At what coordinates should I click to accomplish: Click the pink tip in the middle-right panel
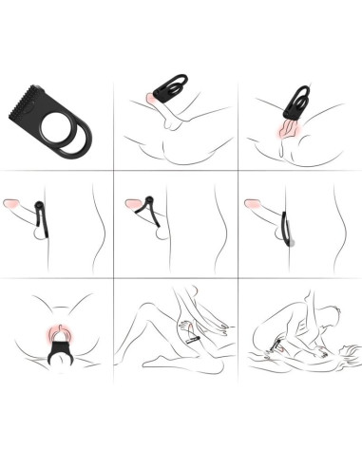[x=254, y=203]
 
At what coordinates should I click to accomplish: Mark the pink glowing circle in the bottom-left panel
[x=59, y=330]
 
